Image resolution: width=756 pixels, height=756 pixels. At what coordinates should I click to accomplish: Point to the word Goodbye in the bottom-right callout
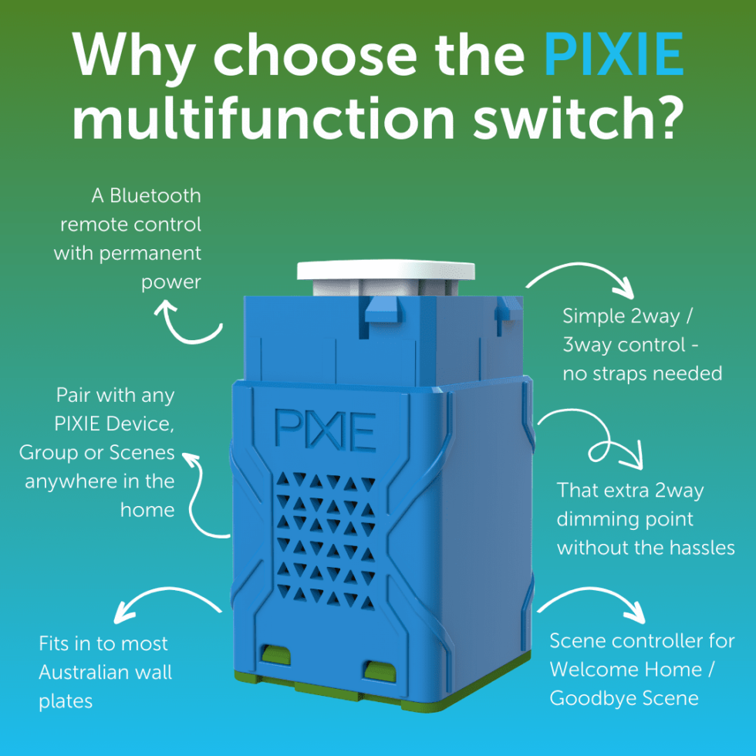tap(586, 699)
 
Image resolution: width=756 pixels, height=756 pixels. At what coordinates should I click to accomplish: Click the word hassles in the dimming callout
tap(697, 548)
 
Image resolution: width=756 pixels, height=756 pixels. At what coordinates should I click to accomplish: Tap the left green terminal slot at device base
tap(276, 656)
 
